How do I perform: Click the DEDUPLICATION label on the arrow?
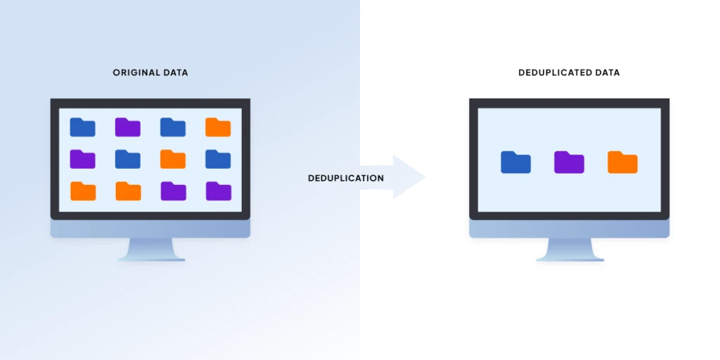346,178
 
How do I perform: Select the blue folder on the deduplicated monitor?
515,162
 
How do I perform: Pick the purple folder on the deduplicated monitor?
569,162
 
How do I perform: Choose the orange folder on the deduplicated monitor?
622,162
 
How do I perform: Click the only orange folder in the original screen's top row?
218,127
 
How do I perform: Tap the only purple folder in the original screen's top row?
128,127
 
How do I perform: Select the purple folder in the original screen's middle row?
83,159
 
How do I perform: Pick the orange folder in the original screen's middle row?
173,159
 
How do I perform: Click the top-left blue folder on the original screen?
83,127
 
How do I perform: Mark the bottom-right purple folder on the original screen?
218,191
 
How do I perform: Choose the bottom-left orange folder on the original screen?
83,191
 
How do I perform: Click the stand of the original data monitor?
150,249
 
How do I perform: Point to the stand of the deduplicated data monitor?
570,249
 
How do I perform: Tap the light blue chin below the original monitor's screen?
150,229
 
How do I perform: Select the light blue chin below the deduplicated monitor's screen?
570,229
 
